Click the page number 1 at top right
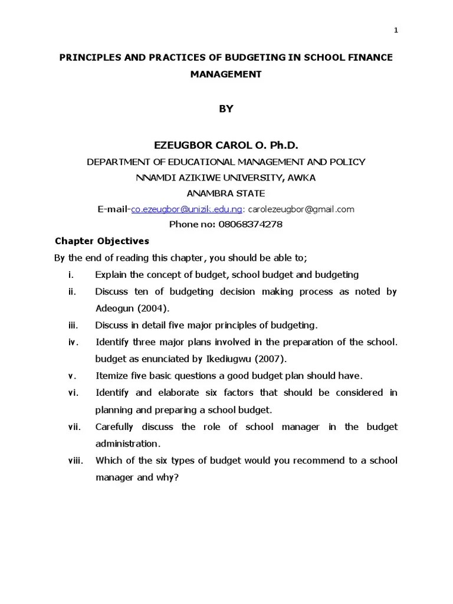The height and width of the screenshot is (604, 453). [x=396, y=31]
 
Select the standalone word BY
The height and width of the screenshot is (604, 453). [x=226, y=109]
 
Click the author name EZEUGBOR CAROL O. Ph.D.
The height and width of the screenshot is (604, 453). [x=226, y=145]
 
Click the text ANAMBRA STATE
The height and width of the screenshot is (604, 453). [x=226, y=193]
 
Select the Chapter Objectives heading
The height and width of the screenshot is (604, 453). [x=102, y=241]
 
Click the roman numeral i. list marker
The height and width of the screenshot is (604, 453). [x=71, y=275]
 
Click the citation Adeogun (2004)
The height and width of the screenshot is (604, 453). [x=132, y=308]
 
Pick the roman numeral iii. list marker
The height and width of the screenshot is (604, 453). [x=73, y=325]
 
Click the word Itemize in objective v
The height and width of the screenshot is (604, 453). [x=111, y=376]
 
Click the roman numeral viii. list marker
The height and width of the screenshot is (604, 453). [x=75, y=461]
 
